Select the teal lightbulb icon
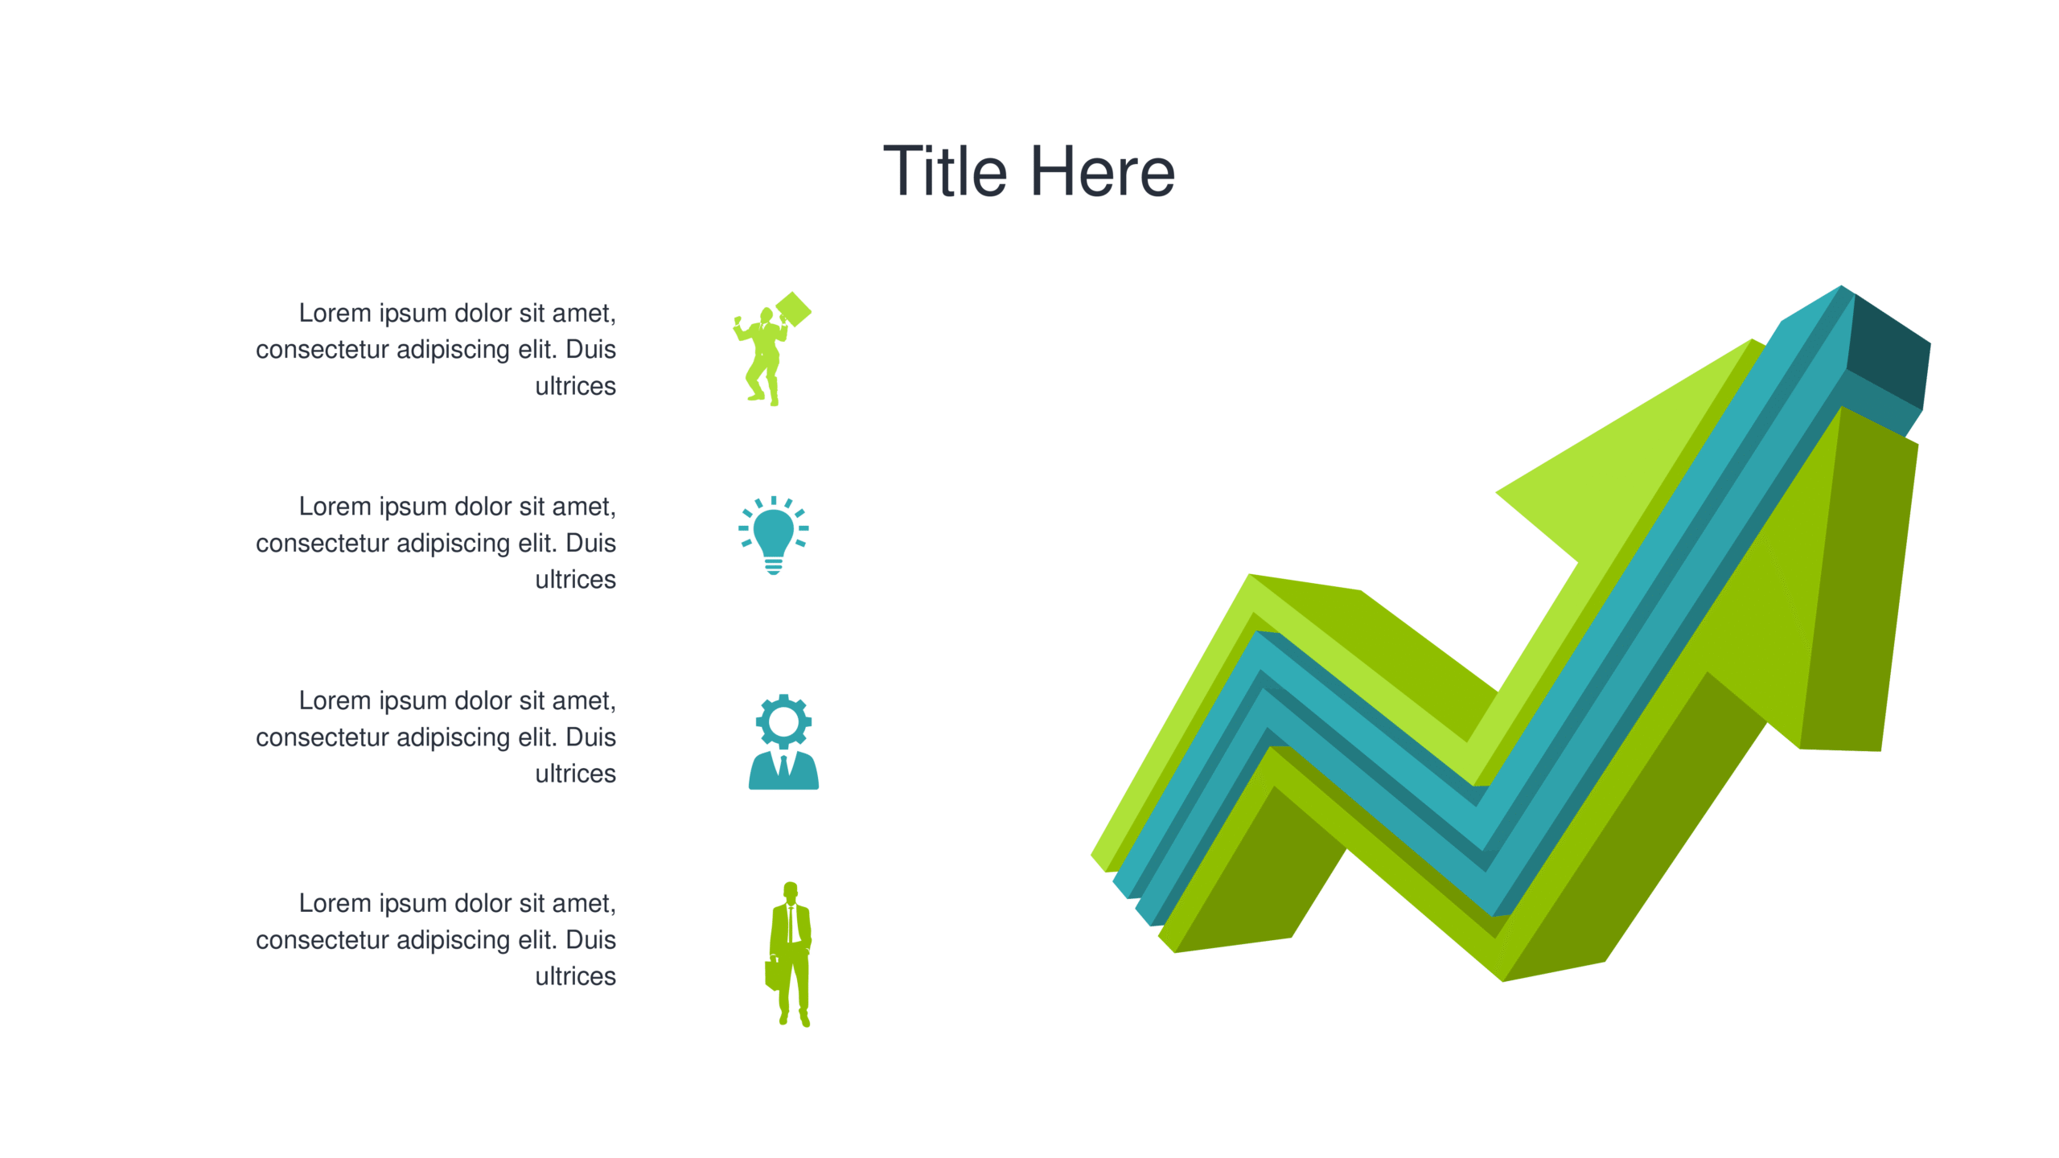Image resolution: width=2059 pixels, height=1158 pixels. pyautogui.click(x=774, y=536)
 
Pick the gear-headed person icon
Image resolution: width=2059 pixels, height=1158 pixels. pyautogui.click(x=783, y=741)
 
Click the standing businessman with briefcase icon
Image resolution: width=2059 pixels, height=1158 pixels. pyautogui.click(x=789, y=955)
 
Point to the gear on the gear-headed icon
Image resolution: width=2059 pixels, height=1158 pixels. pyautogui.click(x=783, y=721)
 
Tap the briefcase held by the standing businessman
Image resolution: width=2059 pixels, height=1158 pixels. pyautogui.click(x=772, y=974)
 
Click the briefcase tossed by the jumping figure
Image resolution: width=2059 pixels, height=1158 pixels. pyautogui.click(x=794, y=310)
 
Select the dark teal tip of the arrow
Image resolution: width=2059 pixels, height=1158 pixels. pyautogui.click(x=1888, y=351)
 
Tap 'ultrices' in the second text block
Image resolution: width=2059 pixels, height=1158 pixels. pyautogui.click(x=576, y=579)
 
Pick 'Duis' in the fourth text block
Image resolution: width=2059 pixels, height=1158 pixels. pyautogui.click(x=591, y=939)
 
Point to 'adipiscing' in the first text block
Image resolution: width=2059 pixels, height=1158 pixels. pyautogui.click(x=454, y=351)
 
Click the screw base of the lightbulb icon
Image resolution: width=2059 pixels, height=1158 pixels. pyautogui.click(x=774, y=566)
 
